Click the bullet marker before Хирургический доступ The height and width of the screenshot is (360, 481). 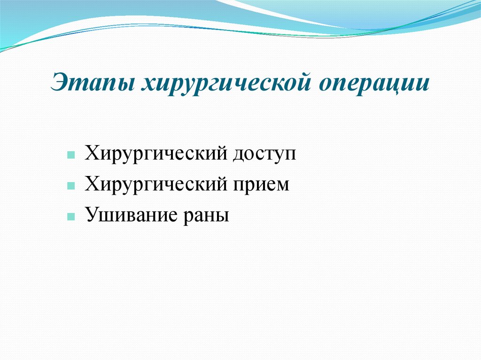click(x=70, y=155)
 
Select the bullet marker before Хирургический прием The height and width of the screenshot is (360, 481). click(x=70, y=186)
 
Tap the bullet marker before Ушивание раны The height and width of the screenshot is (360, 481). click(x=70, y=217)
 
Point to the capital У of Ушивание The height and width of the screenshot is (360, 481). click(x=90, y=215)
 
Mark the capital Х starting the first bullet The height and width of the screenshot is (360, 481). click(x=91, y=153)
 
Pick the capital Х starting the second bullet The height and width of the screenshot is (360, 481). click(x=91, y=184)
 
